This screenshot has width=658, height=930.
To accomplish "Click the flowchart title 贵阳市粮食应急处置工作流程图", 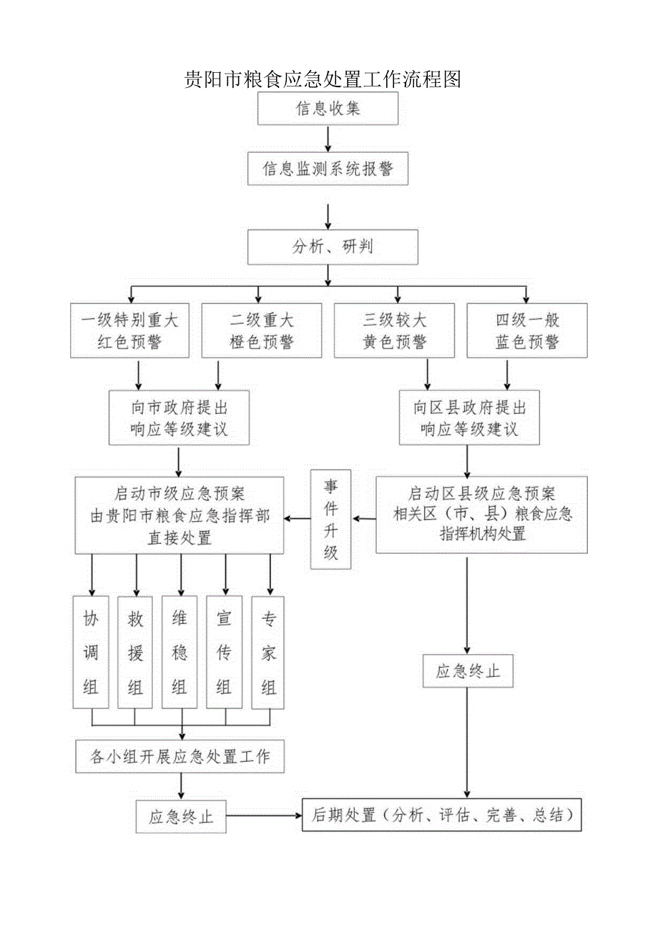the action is pos(323,79).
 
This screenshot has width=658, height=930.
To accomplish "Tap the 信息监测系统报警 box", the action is pos(328,169).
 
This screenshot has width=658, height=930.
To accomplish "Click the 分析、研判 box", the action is pos(333,247).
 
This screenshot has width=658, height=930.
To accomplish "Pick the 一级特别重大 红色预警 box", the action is pos(129,330).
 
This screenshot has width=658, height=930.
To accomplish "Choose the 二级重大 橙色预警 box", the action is pos(262,330).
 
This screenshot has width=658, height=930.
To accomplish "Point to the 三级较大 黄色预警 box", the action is pos(394,330).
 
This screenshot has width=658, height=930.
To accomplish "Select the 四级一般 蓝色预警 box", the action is pos(527,330).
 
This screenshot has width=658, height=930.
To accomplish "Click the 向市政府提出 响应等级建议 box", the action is pos(179,417).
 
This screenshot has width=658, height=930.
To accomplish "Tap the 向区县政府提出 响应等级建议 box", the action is pos(469,417).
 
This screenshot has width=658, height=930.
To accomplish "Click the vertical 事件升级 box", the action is pos(330,518).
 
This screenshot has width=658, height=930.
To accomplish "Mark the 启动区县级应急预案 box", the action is pos(482,514).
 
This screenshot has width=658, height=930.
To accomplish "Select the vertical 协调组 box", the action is pos(91,651).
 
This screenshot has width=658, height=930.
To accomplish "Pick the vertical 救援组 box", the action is pos(135,651).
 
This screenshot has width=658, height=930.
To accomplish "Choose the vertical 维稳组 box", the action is pos(180,651).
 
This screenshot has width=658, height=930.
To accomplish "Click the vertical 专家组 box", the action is pos(269,651).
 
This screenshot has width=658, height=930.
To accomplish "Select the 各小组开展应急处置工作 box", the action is pos(180,756).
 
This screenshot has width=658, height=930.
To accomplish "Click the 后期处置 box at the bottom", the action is pos(441,814).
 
